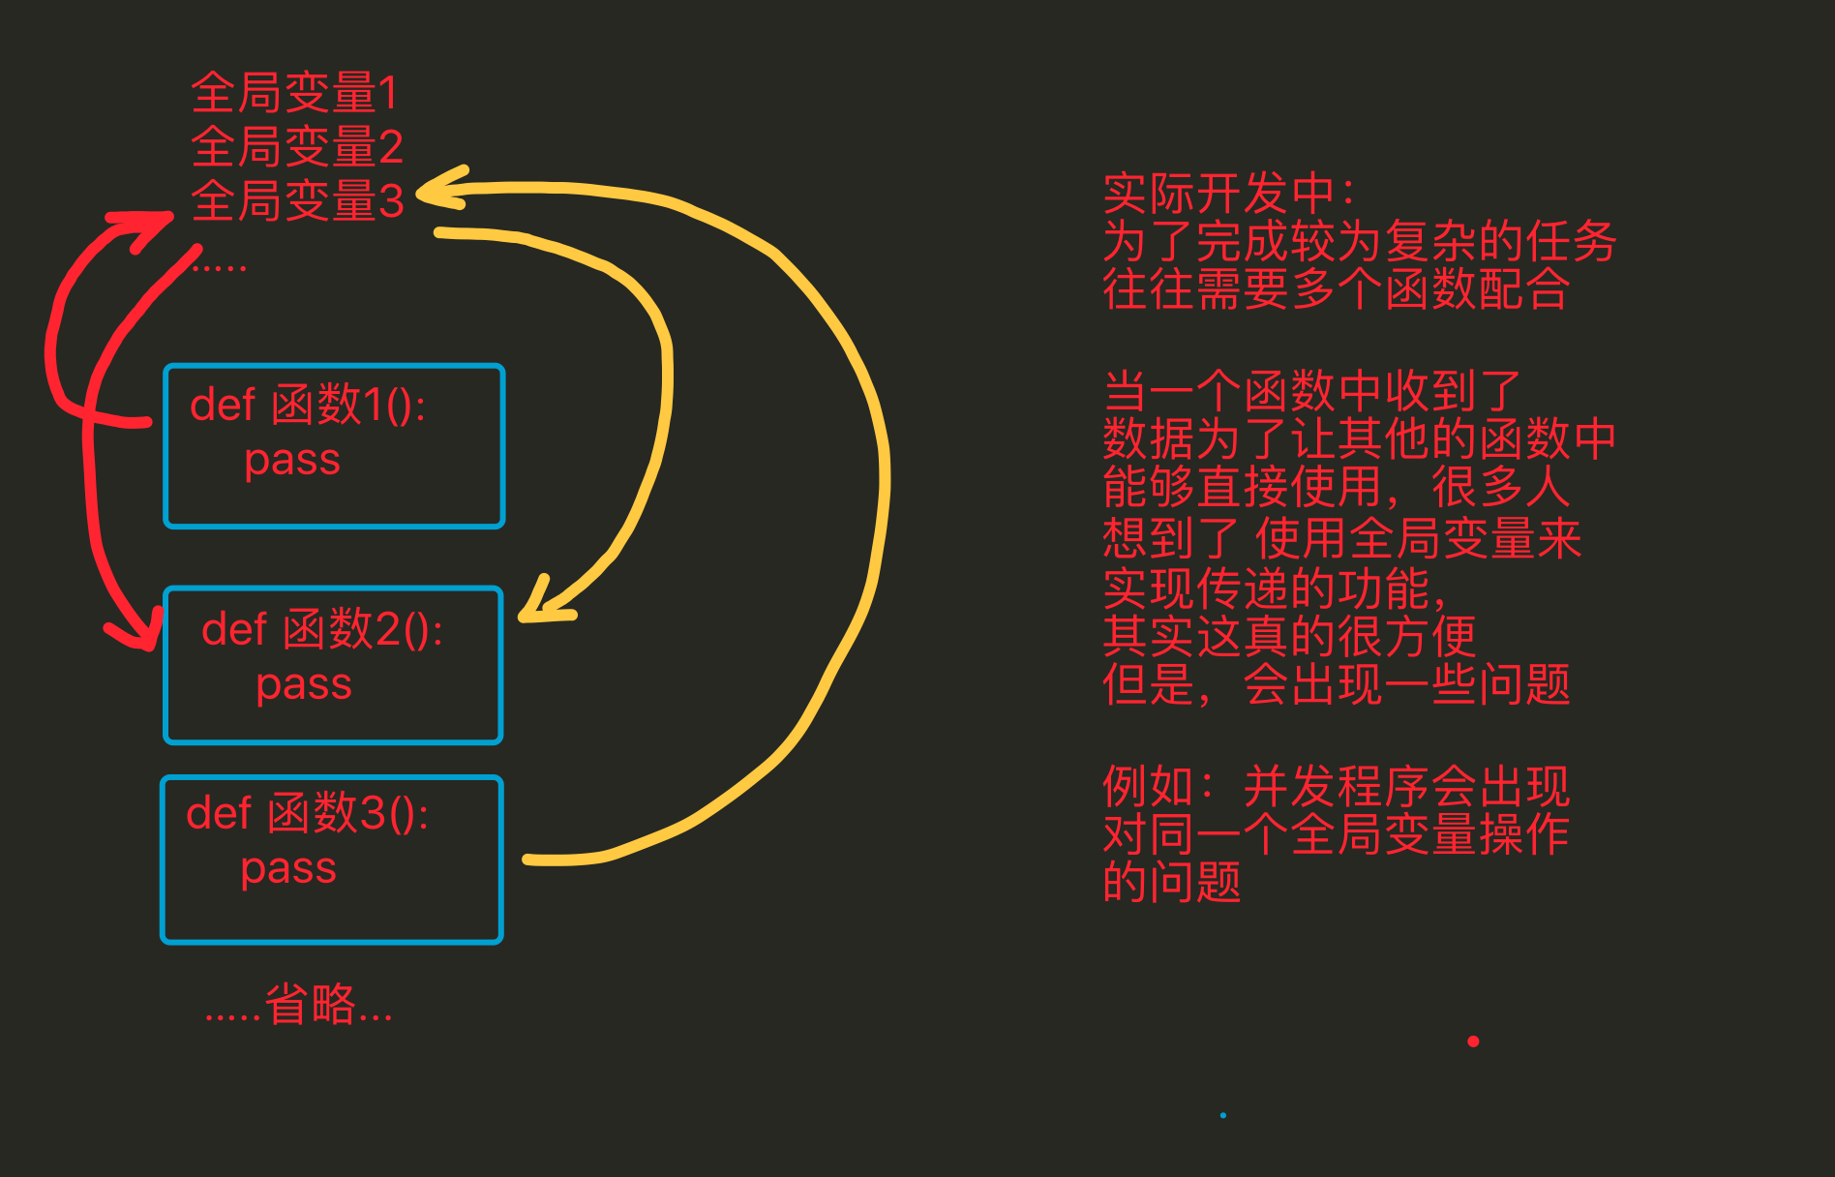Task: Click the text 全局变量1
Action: point(294,93)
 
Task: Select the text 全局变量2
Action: point(297,147)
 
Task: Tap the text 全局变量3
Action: point(297,201)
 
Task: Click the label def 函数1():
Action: point(308,405)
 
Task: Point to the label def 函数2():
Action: point(322,629)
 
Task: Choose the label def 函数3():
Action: point(308,813)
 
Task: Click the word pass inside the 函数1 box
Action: point(292,460)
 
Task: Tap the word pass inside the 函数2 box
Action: point(304,684)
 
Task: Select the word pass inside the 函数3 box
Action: point(288,868)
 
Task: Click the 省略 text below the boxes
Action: point(310,1005)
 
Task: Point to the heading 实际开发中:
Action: point(1229,194)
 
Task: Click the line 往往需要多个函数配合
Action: point(1336,288)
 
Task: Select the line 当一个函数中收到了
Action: point(1312,391)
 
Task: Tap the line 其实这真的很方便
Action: point(1289,636)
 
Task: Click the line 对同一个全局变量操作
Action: point(1336,834)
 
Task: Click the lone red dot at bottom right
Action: point(1473,1041)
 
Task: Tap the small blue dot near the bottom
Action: point(1223,1115)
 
